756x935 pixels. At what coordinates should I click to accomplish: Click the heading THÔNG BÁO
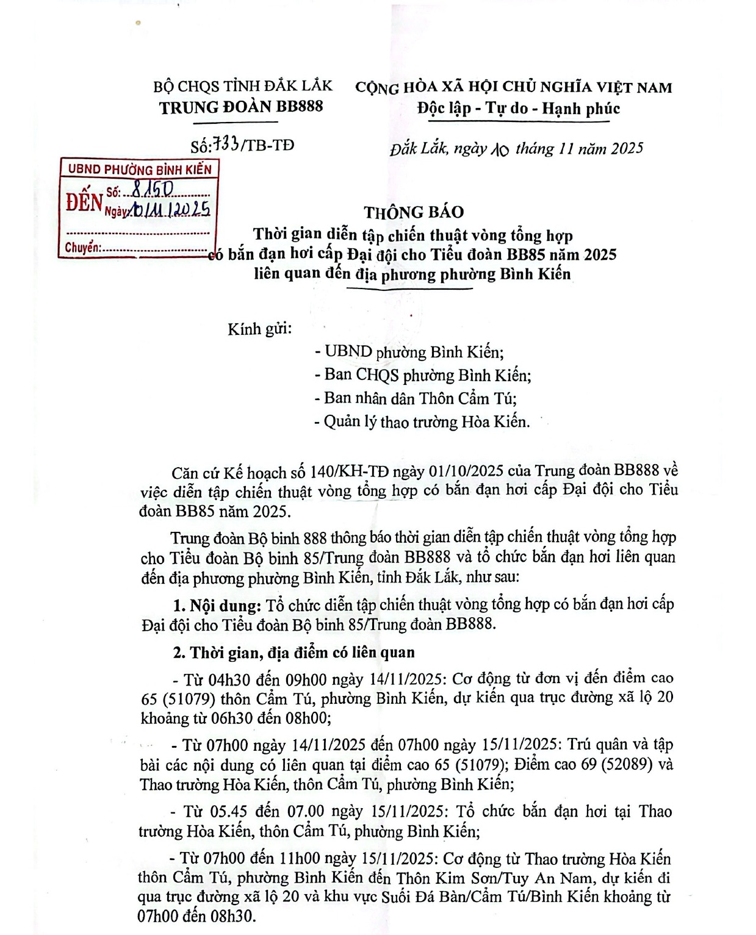414,212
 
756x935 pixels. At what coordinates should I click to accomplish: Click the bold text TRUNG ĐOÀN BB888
241,107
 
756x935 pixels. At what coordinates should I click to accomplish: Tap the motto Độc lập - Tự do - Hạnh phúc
519,109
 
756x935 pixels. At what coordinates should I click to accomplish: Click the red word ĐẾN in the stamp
84,202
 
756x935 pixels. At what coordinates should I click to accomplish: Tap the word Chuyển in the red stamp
82,248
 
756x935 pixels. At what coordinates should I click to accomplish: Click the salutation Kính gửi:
260,329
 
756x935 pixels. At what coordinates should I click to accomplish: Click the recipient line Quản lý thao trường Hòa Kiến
422,421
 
